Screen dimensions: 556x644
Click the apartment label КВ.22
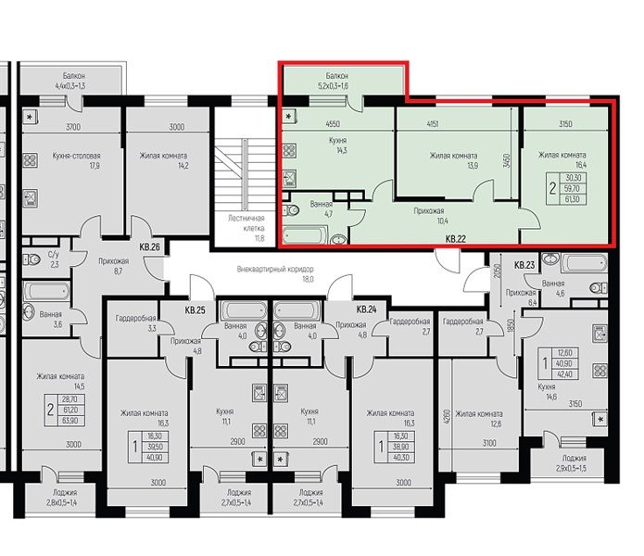point(455,239)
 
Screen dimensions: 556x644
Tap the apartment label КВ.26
point(150,247)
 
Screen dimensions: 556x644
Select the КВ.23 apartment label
point(524,265)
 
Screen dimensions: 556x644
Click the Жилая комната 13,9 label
point(453,160)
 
